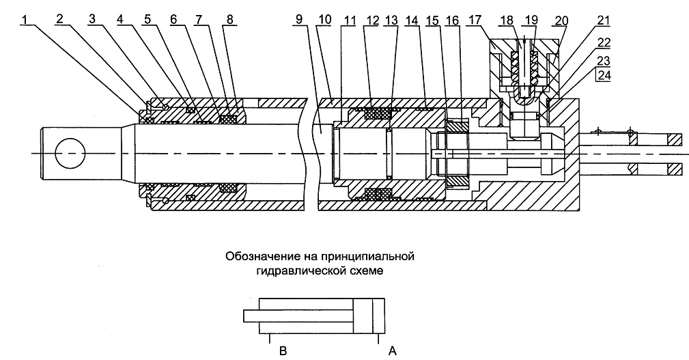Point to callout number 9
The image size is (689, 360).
[299, 20]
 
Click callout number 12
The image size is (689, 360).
[372, 20]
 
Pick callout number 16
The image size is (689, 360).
[452, 20]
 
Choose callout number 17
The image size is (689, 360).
[475, 20]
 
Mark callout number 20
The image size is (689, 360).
[561, 20]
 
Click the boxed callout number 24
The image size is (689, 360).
[604, 76]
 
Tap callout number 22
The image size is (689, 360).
[604, 42]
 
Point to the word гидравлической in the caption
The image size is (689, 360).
[303, 271]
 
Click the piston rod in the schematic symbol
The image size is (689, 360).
[298, 316]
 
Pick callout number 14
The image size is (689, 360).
[412, 20]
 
